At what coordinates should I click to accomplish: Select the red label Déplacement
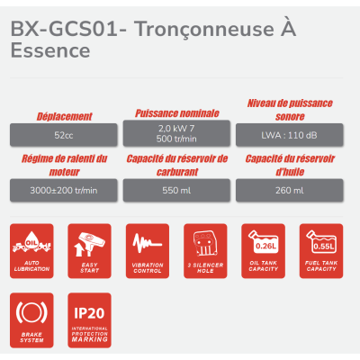(x=64, y=116)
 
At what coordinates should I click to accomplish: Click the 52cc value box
(x=64, y=135)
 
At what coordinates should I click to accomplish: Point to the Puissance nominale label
(x=176, y=112)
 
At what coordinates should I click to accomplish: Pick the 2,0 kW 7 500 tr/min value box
(x=176, y=134)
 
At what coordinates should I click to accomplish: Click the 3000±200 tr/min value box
(x=64, y=191)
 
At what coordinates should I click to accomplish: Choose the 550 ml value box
(x=176, y=191)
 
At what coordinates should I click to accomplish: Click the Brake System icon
(x=33, y=317)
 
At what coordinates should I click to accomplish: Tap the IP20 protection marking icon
(x=90, y=317)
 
